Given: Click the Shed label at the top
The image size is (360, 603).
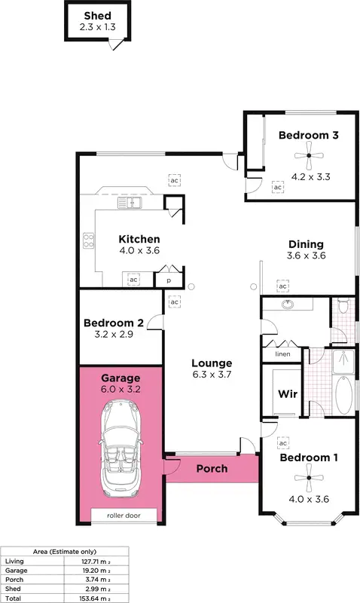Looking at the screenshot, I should pyautogui.click(x=96, y=16).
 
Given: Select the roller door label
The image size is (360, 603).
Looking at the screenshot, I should pyautogui.click(x=124, y=516).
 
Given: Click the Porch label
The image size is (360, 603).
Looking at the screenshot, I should pyautogui.click(x=212, y=468).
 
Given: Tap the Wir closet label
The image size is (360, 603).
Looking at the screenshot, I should pyautogui.click(x=285, y=393).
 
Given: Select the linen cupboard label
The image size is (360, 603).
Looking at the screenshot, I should pyautogui.click(x=282, y=354).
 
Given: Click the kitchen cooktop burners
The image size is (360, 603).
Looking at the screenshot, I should pyautogui.click(x=87, y=241).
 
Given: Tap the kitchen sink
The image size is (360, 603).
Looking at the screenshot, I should pyautogui.click(x=124, y=203).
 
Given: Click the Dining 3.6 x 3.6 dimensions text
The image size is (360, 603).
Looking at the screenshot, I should pyautogui.click(x=306, y=256).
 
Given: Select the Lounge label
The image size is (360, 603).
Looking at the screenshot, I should pyautogui.click(x=210, y=363).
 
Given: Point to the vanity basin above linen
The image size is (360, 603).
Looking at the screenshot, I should pyautogui.click(x=287, y=305).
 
